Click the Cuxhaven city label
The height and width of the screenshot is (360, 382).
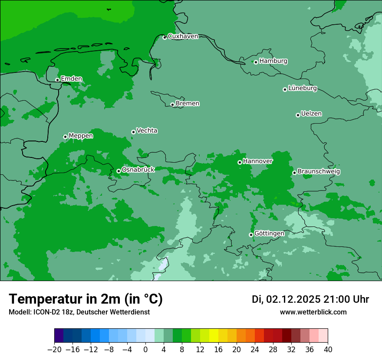coord(183,36)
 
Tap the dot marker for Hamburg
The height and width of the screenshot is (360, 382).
coord(256,62)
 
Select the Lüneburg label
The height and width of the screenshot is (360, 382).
coord(303,88)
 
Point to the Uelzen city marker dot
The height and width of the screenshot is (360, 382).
coord(298,115)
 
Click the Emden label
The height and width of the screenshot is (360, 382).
coord(71,79)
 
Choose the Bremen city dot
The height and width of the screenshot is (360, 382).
coord(172,105)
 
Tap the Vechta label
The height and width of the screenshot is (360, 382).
coord(147,131)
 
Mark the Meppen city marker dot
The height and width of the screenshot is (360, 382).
coord(65,137)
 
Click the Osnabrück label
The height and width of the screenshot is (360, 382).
coord(138,170)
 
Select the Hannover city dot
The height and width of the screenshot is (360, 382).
coord(240,162)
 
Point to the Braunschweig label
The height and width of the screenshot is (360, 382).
coord(319,172)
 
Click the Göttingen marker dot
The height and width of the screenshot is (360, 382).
coord(251,235)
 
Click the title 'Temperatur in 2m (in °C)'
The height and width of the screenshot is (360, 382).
coord(86,299)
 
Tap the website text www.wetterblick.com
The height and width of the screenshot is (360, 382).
coord(313,312)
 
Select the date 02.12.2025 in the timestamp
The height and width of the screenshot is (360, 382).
coord(293,299)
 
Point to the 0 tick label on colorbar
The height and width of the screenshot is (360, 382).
coord(145,350)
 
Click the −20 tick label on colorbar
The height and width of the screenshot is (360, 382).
coord(54,350)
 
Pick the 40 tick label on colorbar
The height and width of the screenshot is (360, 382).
coord(328,350)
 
